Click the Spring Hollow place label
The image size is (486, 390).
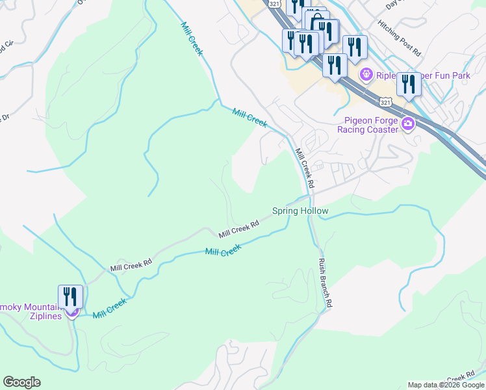click(x=300, y=211)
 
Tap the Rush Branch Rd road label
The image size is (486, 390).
click(x=325, y=283)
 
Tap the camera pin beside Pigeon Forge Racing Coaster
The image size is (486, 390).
click(x=408, y=124)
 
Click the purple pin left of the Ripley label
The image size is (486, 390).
click(x=366, y=75)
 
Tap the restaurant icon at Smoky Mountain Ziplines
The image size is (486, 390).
click(x=70, y=297)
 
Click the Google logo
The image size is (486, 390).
click(x=21, y=382)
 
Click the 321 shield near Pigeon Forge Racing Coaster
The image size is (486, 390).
click(x=385, y=103)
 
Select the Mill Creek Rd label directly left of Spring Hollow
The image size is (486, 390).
click(x=238, y=228)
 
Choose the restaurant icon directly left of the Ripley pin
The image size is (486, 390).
click(x=335, y=66)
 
